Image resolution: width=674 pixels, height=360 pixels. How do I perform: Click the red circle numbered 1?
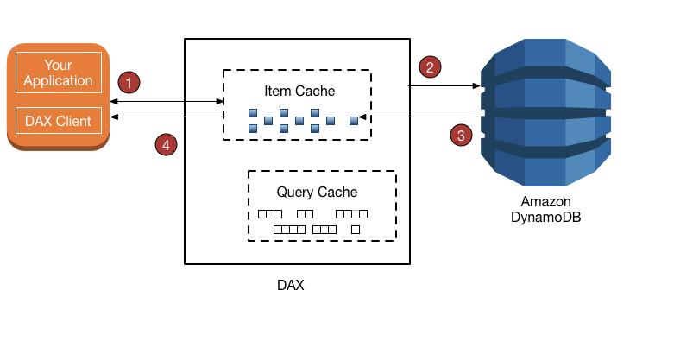(x=129, y=83)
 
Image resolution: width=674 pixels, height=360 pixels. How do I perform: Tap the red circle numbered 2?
(x=429, y=66)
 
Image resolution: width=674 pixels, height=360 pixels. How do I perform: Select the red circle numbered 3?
(x=462, y=135)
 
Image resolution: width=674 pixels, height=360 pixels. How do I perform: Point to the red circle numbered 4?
(x=166, y=145)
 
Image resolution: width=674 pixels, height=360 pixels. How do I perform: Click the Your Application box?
(x=59, y=73)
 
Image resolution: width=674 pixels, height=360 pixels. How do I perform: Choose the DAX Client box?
(x=59, y=121)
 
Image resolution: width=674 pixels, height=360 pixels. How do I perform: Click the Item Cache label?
(x=299, y=91)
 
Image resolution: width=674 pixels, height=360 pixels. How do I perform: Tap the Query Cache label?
(x=317, y=192)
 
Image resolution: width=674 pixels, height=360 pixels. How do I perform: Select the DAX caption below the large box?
(x=290, y=285)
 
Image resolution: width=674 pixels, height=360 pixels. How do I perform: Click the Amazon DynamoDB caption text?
(x=545, y=210)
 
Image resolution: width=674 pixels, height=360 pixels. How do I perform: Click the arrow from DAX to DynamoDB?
(x=444, y=85)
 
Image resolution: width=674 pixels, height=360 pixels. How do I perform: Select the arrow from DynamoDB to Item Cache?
(x=419, y=117)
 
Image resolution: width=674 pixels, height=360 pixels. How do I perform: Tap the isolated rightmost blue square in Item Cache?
(x=354, y=120)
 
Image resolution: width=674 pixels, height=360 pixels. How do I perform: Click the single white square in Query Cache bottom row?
(x=356, y=230)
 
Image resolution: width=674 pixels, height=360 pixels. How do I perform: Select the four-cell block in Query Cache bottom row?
(x=289, y=230)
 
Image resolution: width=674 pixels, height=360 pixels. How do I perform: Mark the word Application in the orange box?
(x=58, y=80)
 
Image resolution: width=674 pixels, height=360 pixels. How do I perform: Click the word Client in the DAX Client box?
(x=74, y=121)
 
